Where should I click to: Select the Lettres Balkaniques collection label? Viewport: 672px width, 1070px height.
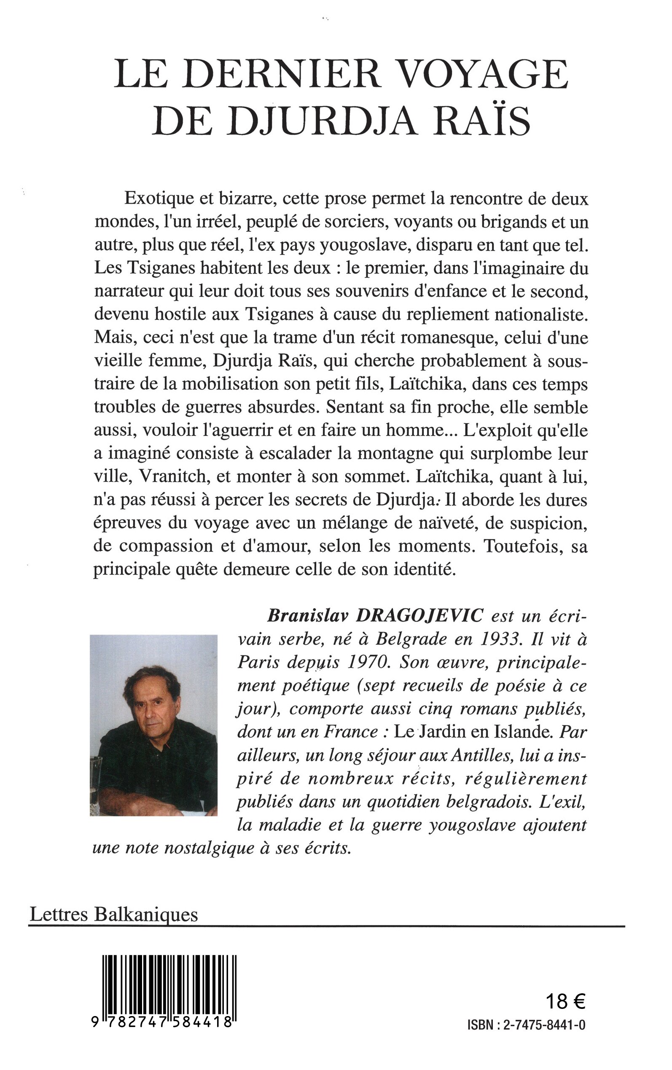[113, 915]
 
